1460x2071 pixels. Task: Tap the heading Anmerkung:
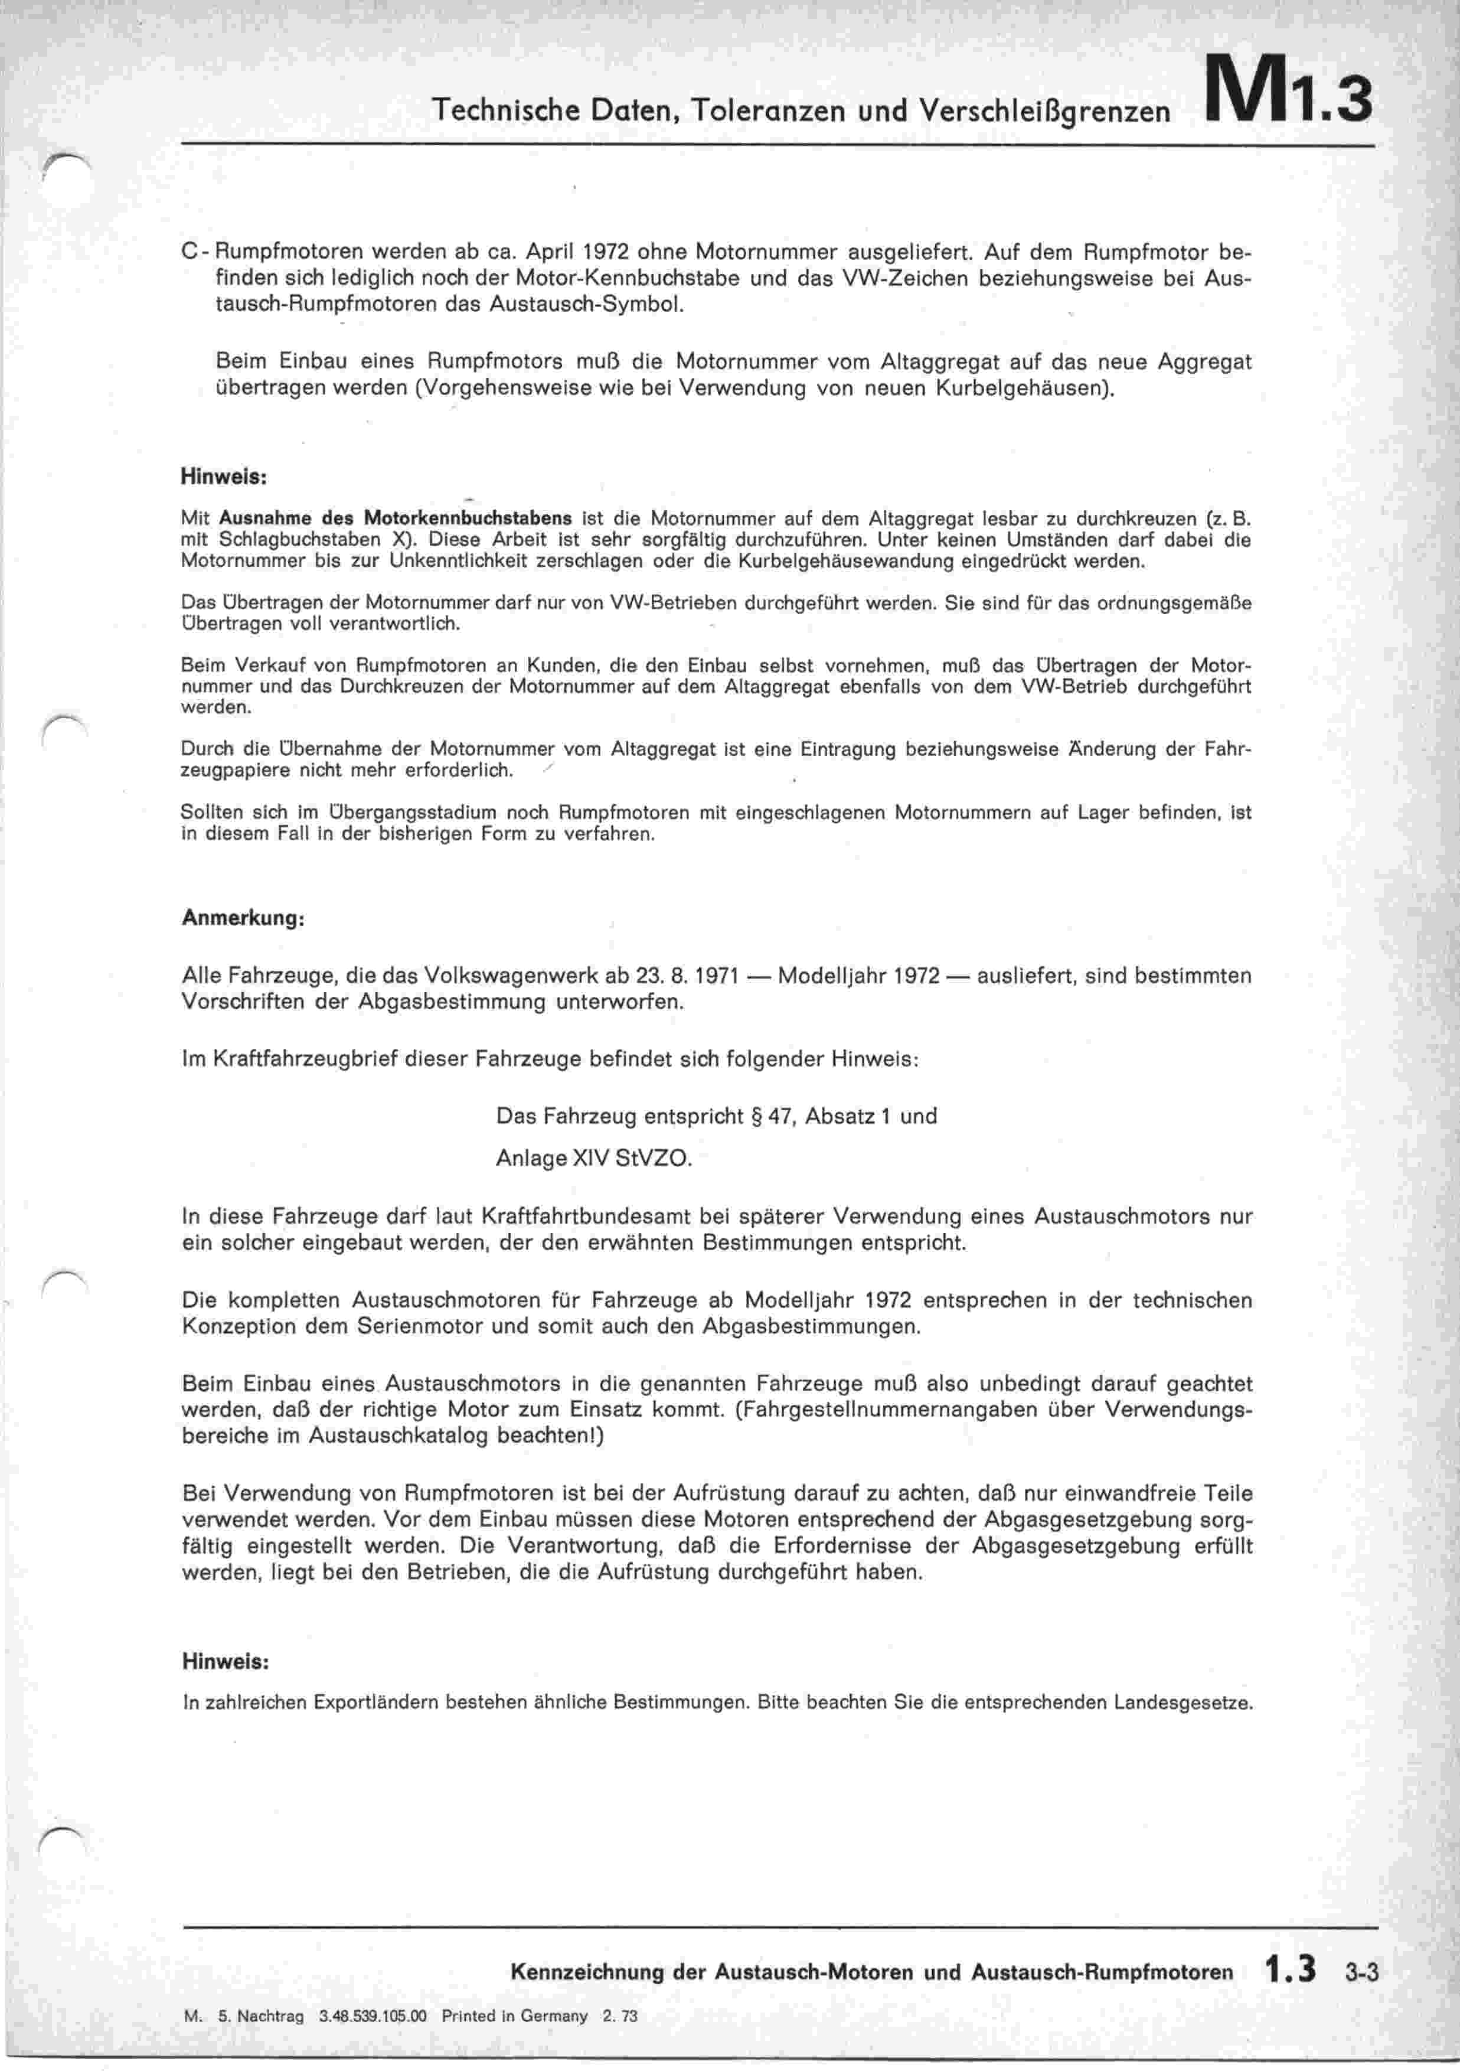click(243, 918)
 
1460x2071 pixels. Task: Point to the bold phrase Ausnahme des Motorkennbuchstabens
click(395, 518)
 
